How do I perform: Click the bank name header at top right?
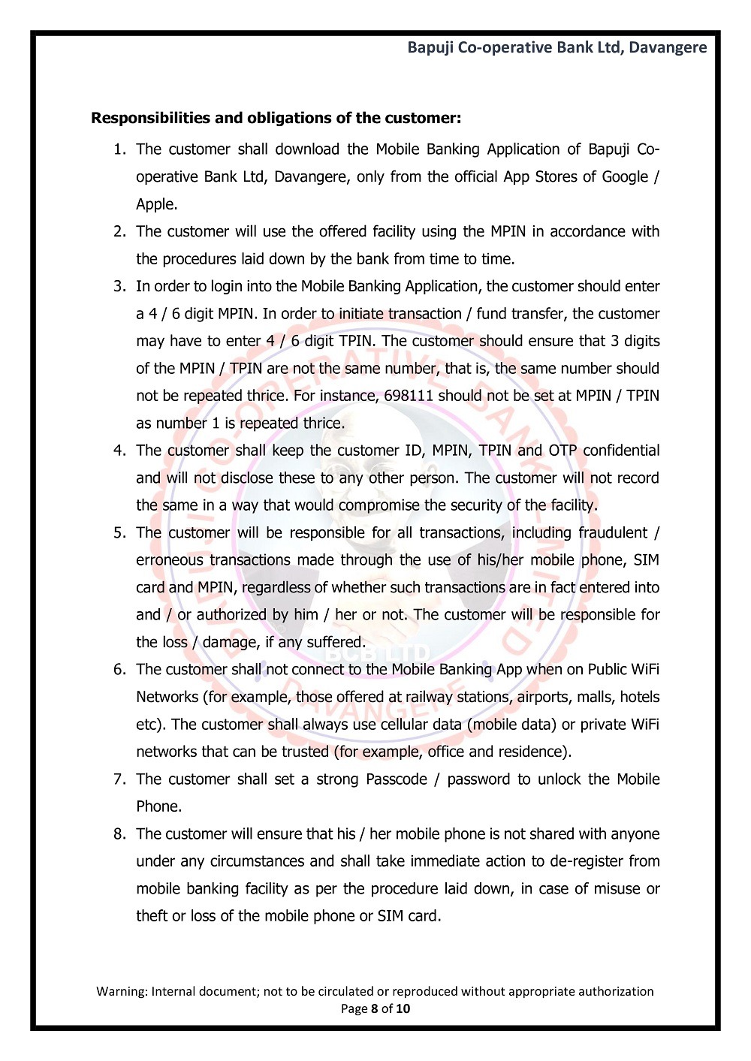pyautogui.click(x=556, y=47)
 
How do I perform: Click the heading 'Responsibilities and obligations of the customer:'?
pyautogui.click(x=276, y=118)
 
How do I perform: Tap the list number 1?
pyautogui.click(x=119, y=149)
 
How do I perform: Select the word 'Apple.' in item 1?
pyautogui.click(x=157, y=204)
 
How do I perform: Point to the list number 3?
pyautogui.click(x=119, y=286)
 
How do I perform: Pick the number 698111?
pyautogui.click(x=409, y=396)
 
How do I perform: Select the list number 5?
pyautogui.click(x=119, y=533)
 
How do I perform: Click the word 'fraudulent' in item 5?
pyautogui.click(x=613, y=533)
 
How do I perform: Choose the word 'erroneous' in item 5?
pyautogui.click(x=169, y=560)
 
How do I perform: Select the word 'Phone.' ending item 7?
pyautogui.click(x=159, y=806)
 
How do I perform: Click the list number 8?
pyautogui.click(x=119, y=834)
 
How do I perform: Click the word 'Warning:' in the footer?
pyautogui.click(x=122, y=991)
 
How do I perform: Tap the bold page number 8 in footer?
pyautogui.click(x=374, y=1008)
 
